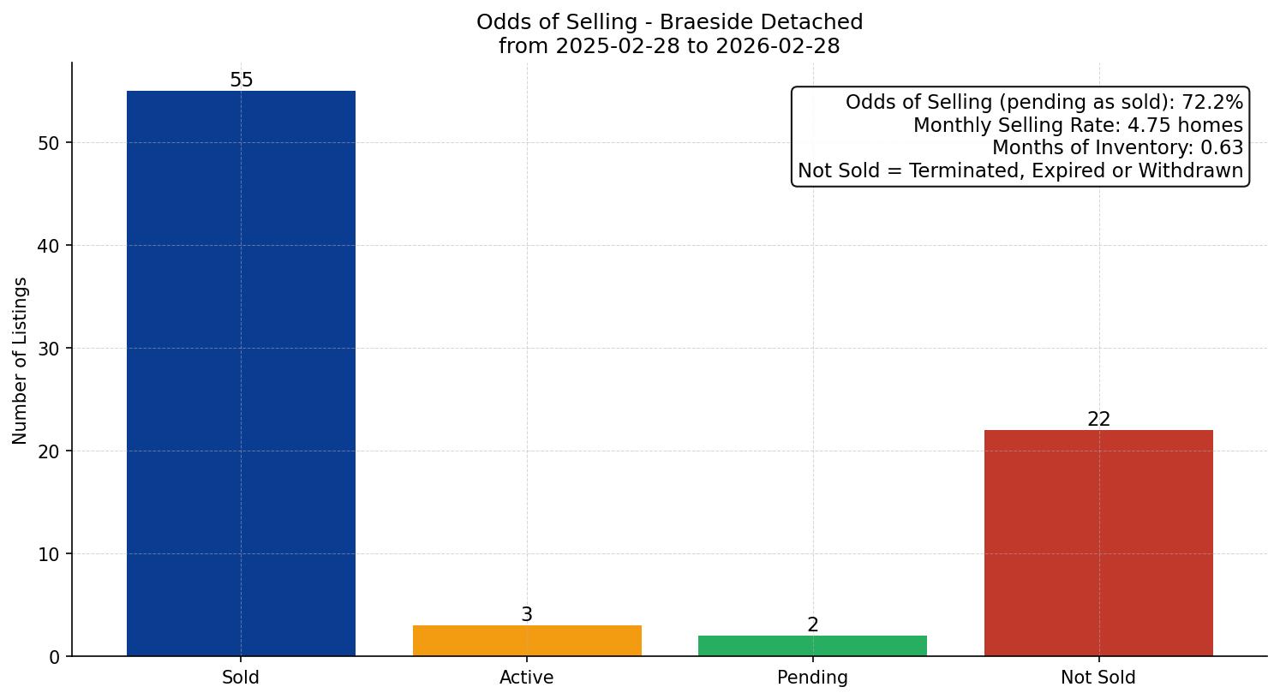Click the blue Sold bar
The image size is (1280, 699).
[241, 373]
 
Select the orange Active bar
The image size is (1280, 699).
[527, 641]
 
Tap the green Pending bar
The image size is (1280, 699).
[812, 646]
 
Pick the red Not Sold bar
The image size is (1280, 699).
[1098, 542]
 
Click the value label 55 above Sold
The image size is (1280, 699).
[242, 81]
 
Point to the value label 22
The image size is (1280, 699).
[1098, 420]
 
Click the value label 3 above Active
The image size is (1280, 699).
[527, 615]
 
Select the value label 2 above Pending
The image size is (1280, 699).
[812, 625]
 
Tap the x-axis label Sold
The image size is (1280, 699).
[241, 678]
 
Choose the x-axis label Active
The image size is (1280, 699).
[527, 678]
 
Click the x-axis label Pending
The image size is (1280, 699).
[812, 678]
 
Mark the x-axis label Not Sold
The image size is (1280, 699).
[1098, 678]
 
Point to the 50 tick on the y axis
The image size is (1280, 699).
[49, 143]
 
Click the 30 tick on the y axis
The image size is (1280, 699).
[49, 349]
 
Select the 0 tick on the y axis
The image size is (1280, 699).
[55, 657]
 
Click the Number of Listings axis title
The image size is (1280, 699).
[20, 360]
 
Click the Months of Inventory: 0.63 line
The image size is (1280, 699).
[1117, 148]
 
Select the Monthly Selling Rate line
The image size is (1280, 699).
[1078, 126]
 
